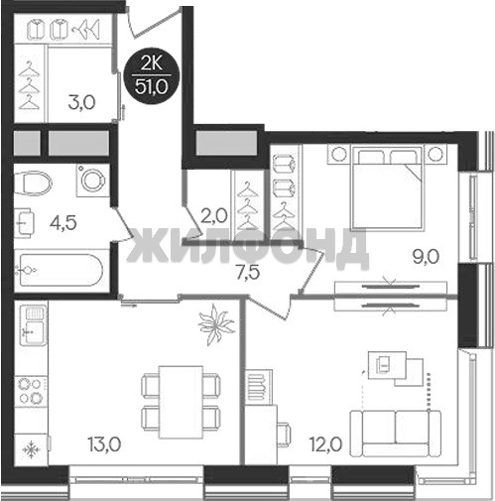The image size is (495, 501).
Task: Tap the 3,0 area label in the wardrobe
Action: (x=82, y=102)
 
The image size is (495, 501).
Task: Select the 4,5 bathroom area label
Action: (x=63, y=222)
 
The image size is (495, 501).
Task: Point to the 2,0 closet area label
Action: (x=213, y=216)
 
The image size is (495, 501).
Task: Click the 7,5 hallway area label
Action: (x=248, y=273)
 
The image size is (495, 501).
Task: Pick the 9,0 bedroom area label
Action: (x=426, y=257)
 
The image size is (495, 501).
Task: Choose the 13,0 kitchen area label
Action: (x=104, y=444)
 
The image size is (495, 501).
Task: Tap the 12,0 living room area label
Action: (x=325, y=444)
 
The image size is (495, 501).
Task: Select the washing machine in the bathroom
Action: (x=93, y=181)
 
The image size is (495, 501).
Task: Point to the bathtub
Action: (x=62, y=271)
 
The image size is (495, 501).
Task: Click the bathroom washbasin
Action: (x=25, y=222)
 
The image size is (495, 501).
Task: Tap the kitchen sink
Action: (x=33, y=325)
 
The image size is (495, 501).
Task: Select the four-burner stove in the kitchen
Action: (x=32, y=391)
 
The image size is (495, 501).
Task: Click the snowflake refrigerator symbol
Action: (x=32, y=449)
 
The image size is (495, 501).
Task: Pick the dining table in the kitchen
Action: (x=181, y=402)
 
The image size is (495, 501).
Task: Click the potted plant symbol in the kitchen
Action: (x=216, y=324)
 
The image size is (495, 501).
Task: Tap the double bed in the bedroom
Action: (x=388, y=188)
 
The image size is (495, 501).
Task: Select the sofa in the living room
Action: (x=396, y=434)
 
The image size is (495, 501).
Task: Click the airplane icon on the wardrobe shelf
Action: (x=85, y=30)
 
